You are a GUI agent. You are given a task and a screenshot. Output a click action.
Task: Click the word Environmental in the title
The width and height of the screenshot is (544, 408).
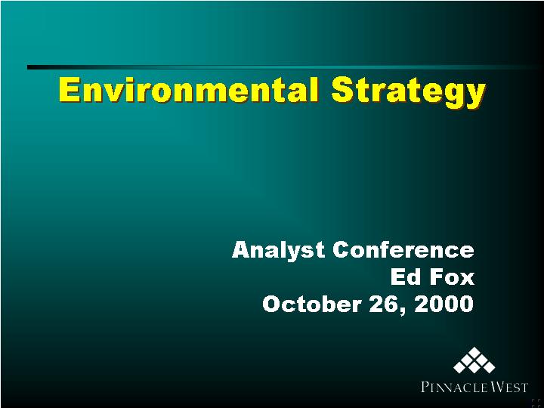tap(188, 90)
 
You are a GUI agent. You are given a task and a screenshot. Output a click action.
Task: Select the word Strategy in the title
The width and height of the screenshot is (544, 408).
tap(409, 92)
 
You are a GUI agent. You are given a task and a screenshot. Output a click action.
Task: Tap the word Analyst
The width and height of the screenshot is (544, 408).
tap(278, 251)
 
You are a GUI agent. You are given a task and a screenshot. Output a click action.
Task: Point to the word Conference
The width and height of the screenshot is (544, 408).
tap(403, 250)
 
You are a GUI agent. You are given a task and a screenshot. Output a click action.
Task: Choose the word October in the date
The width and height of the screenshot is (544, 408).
tap(311, 304)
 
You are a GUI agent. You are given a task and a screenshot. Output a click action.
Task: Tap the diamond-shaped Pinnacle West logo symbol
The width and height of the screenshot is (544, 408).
tap(474, 360)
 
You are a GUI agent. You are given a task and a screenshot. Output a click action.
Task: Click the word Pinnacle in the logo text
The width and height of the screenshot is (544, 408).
tap(449, 387)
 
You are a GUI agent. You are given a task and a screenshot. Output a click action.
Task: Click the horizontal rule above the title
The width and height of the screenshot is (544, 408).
tap(286, 67)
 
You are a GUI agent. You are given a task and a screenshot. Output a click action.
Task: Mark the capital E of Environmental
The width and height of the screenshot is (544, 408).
tap(68, 90)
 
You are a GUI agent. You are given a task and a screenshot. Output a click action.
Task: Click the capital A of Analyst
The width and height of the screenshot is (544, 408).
tap(242, 250)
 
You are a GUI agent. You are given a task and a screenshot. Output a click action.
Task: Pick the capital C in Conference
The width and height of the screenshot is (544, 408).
tap(342, 250)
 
